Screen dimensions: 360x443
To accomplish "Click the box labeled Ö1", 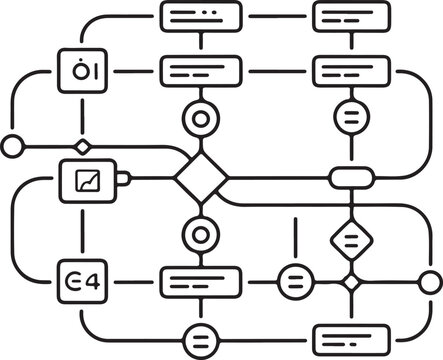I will click(x=81, y=72).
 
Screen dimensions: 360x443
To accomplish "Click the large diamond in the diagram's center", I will click(x=200, y=179).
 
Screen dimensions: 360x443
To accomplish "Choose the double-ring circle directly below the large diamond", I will click(x=199, y=236).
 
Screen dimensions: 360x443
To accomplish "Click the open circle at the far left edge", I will click(x=12, y=147).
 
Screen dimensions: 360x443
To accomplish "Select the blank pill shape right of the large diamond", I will click(x=351, y=179).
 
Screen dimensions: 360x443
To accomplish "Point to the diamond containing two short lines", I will click(x=351, y=238).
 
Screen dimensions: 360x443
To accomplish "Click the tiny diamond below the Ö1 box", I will click(x=82, y=147).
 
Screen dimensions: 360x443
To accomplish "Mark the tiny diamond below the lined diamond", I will click(x=351, y=282).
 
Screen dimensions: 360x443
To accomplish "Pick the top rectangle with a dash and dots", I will click(x=200, y=16).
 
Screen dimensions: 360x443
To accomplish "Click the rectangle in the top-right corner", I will click(x=351, y=16).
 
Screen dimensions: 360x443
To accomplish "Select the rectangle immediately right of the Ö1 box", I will click(x=200, y=72).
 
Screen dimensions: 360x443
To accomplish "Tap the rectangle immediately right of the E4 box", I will click(x=200, y=281).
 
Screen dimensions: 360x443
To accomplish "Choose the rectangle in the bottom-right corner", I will click(x=351, y=338).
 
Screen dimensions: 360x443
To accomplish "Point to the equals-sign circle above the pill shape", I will click(x=351, y=116).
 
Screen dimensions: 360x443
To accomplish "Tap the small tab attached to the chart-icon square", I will click(x=124, y=179).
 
